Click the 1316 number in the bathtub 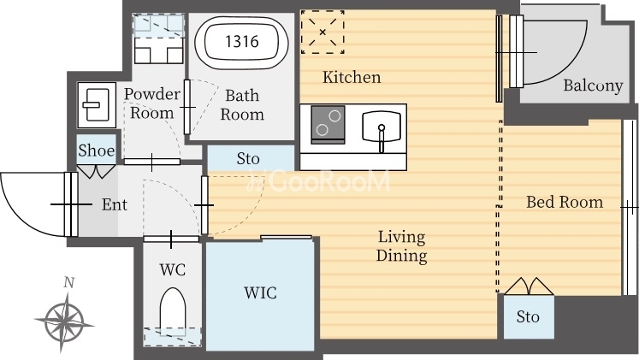click(x=242, y=41)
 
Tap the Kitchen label click(x=352, y=77)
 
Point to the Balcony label click(x=593, y=86)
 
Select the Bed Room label click(x=565, y=202)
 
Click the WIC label click(x=260, y=292)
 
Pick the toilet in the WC click(x=173, y=308)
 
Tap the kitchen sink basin click(x=382, y=127)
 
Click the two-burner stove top click(x=328, y=125)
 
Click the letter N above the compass click(x=69, y=282)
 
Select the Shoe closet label click(x=96, y=150)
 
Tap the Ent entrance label click(x=115, y=204)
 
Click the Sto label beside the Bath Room click(x=248, y=158)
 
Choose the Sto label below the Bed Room click(x=528, y=316)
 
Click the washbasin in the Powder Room click(x=97, y=105)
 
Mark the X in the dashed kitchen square click(x=322, y=32)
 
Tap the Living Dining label click(x=402, y=246)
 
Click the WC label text click(x=173, y=269)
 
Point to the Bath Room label click(x=242, y=105)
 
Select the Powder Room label click(x=152, y=103)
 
